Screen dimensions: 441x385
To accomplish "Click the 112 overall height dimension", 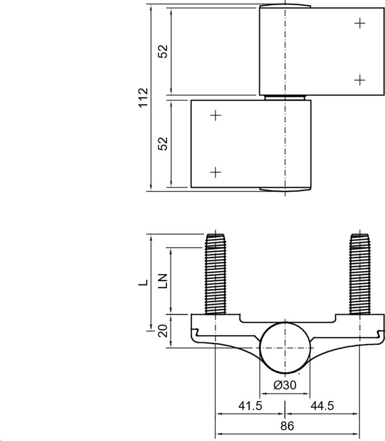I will (143, 98).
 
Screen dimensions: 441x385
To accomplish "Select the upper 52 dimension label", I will (163, 51).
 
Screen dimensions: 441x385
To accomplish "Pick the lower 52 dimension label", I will (163, 144).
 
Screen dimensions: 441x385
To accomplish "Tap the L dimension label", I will (143, 282).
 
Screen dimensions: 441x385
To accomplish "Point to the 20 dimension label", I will (163, 331).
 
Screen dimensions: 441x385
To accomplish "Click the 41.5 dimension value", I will (249, 406).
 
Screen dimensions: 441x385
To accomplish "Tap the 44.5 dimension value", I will (323, 406).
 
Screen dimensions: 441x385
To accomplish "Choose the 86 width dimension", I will (287, 426).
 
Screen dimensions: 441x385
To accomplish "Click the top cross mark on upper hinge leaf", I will (360, 23).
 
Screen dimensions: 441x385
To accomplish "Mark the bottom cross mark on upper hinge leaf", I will (360, 80).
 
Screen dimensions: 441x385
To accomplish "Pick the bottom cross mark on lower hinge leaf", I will (216, 172).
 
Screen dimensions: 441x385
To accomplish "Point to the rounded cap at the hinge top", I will (285, 6).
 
